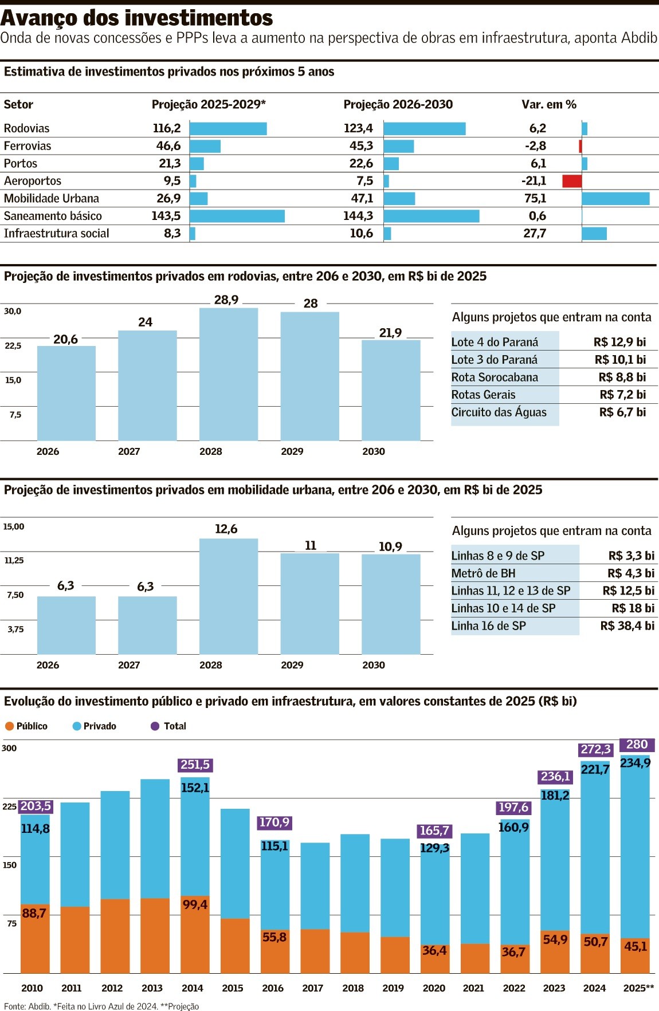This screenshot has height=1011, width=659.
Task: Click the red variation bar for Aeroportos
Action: [x=572, y=181]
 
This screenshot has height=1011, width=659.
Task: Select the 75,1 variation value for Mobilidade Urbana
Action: [x=535, y=198]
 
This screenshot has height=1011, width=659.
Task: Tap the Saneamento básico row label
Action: [x=53, y=216]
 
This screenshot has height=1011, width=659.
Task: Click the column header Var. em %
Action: [x=548, y=104]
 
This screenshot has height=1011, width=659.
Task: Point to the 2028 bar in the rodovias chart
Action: [x=229, y=375]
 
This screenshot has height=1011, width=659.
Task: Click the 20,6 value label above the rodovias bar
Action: [x=65, y=339]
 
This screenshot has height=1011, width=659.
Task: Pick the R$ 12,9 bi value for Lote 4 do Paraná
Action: [x=619, y=342]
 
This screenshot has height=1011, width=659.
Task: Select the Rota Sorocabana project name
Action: [x=495, y=377]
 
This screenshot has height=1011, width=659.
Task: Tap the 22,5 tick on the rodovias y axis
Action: [x=13, y=346]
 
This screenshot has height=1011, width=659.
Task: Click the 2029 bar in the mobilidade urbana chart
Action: [x=309, y=604]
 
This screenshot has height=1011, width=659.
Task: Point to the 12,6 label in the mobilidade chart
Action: [x=226, y=529]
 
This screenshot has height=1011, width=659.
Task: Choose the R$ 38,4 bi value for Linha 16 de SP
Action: [x=627, y=626]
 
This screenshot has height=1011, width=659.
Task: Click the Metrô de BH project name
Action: [x=483, y=573]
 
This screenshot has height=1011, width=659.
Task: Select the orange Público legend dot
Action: [x=9, y=726]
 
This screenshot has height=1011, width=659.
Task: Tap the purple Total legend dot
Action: [x=155, y=726]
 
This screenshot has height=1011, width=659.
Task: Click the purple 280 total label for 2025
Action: [x=637, y=744]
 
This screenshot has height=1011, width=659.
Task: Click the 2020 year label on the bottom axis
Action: [x=434, y=988]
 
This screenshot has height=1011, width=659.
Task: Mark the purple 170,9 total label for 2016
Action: [x=274, y=823]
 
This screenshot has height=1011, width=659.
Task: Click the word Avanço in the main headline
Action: [x=39, y=18]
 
